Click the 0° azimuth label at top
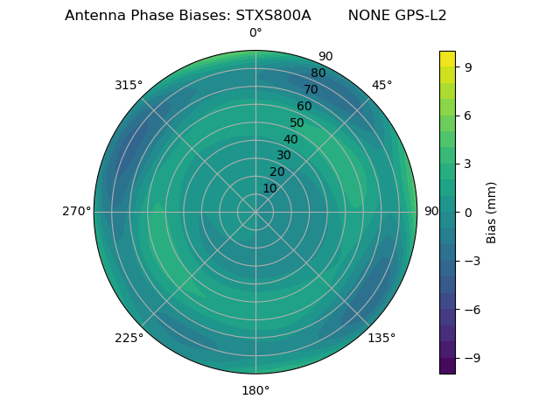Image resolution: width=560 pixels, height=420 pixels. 255,33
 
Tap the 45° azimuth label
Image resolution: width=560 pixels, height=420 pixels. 382,85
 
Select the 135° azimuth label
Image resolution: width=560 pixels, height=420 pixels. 381,338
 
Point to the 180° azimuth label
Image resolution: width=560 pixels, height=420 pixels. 255,390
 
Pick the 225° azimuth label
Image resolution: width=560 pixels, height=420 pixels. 129,338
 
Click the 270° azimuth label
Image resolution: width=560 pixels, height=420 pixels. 76,212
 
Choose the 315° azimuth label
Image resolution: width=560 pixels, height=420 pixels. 129,85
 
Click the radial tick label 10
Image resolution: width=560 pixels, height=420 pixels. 269,188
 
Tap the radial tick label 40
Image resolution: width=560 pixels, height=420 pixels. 290,139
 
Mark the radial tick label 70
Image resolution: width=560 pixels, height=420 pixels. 311,89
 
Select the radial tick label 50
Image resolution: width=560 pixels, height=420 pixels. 297,122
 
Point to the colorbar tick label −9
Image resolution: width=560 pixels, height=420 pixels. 471,358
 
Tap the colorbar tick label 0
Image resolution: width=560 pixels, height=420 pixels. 467,213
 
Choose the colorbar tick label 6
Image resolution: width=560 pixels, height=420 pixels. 467,115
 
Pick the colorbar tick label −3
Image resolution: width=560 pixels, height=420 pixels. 471,261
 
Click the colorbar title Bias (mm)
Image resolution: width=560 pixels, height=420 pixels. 492,213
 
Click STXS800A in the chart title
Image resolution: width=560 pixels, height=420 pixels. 273,16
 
